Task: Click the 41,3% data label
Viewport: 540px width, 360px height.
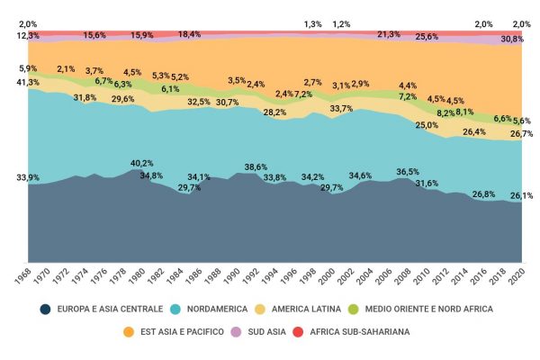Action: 28,82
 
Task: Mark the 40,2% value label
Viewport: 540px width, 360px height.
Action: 141,163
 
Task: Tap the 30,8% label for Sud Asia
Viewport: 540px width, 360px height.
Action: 512,40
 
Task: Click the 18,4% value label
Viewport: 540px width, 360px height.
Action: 189,34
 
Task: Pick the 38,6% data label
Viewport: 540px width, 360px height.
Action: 256,166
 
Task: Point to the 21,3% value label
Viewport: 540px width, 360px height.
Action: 389,34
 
